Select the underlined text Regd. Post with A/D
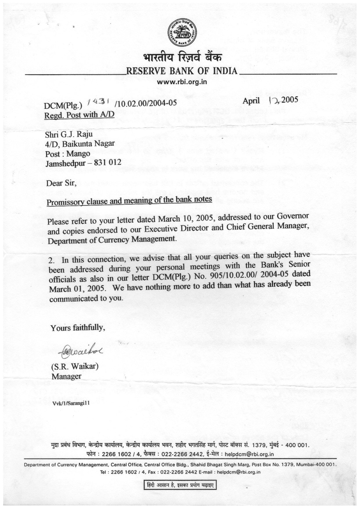click(x=79, y=115)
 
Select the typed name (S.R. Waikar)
click(x=75, y=366)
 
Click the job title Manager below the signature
click(x=66, y=376)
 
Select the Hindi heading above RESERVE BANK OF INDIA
click(x=182, y=57)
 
